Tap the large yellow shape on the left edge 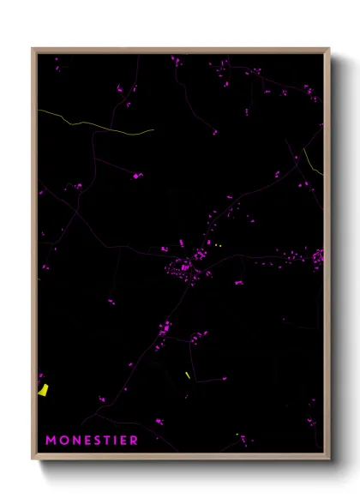[43, 390]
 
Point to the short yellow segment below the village [188, 375]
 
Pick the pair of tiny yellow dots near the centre [218, 245]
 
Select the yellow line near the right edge [314, 163]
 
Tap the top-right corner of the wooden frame [329, 49]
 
